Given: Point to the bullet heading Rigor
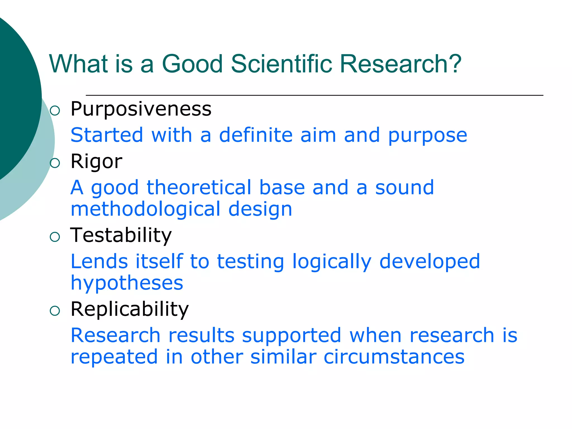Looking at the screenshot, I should point(96,162).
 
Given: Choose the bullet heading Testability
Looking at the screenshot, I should point(121,235).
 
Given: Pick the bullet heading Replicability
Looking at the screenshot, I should point(130,309).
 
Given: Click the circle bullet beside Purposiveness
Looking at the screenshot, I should point(55,111).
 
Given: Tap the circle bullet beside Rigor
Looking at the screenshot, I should point(55,163).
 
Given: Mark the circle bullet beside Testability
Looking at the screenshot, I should point(55,237).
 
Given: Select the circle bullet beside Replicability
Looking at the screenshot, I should point(55,311).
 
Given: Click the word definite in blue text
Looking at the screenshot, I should point(256,135).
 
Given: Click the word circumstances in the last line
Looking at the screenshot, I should point(394,357).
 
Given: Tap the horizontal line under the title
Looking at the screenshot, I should point(314,95).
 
